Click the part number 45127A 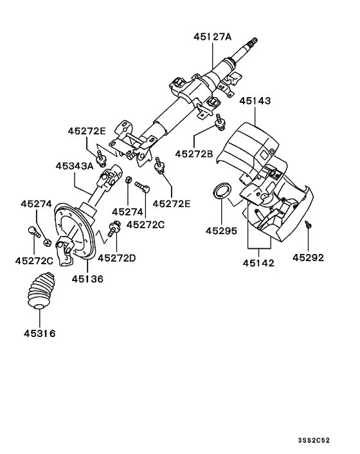click(x=212, y=37)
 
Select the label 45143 click(x=255, y=101)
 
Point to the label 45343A click(x=75, y=165)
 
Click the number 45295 click(x=222, y=230)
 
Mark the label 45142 click(x=259, y=263)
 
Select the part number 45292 click(x=309, y=258)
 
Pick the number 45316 click(x=40, y=333)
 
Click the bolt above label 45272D click(x=116, y=226)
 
